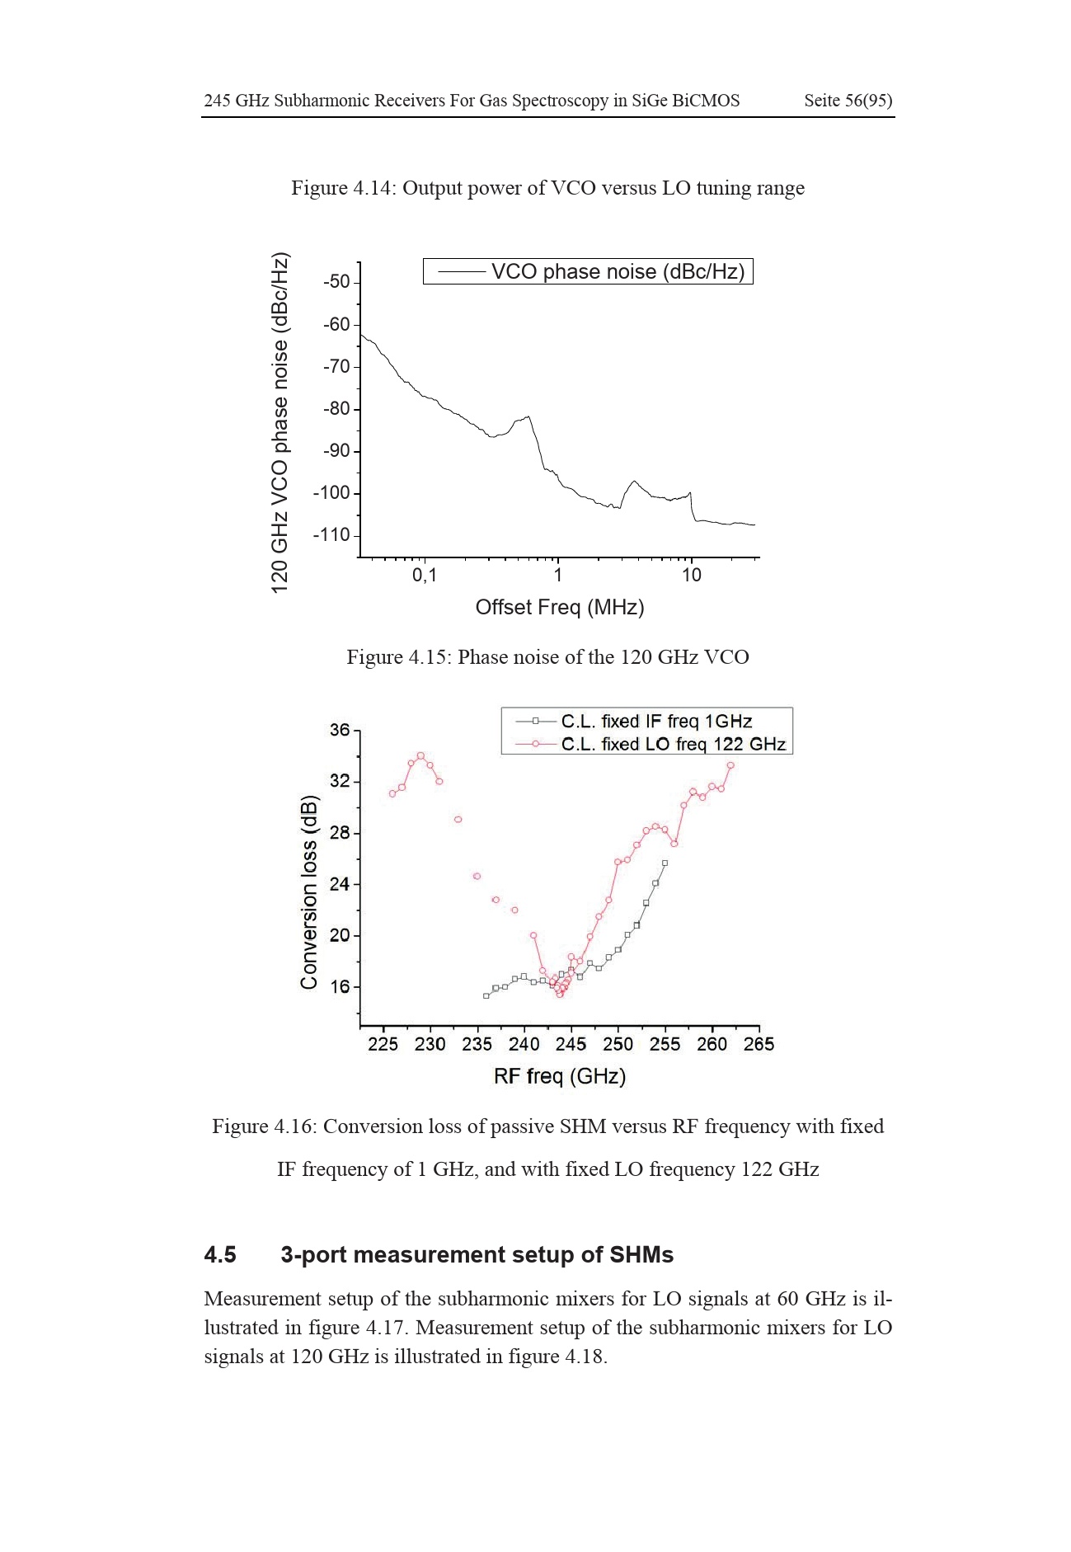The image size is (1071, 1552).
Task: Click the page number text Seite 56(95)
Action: (x=848, y=101)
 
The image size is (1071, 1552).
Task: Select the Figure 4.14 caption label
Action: (x=342, y=188)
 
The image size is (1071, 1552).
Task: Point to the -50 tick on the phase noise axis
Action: (x=336, y=282)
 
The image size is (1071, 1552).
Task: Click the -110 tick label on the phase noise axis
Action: (x=331, y=535)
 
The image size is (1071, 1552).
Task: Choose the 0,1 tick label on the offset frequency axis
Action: (x=424, y=575)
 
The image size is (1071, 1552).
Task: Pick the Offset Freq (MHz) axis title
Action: (x=560, y=608)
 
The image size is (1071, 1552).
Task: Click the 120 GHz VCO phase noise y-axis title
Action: (x=280, y=421)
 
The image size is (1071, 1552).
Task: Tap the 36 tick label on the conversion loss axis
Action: (x=340, y=730)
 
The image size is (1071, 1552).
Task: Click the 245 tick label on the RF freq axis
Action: (x=571, y=1045)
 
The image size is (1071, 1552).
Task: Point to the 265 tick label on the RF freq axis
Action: (x=759, y=1045)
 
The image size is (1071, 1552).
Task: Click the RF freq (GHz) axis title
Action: (x=560, y=1076)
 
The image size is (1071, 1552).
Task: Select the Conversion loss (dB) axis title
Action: (x=309, y=892)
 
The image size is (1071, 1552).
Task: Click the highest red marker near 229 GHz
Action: (x=420, y=755)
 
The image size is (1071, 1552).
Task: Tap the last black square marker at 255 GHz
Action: (x=665, y=863)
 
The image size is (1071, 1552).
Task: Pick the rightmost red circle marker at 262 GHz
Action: (x=730, y=765)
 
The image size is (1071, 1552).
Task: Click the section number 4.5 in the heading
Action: (x=220, y=1255)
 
